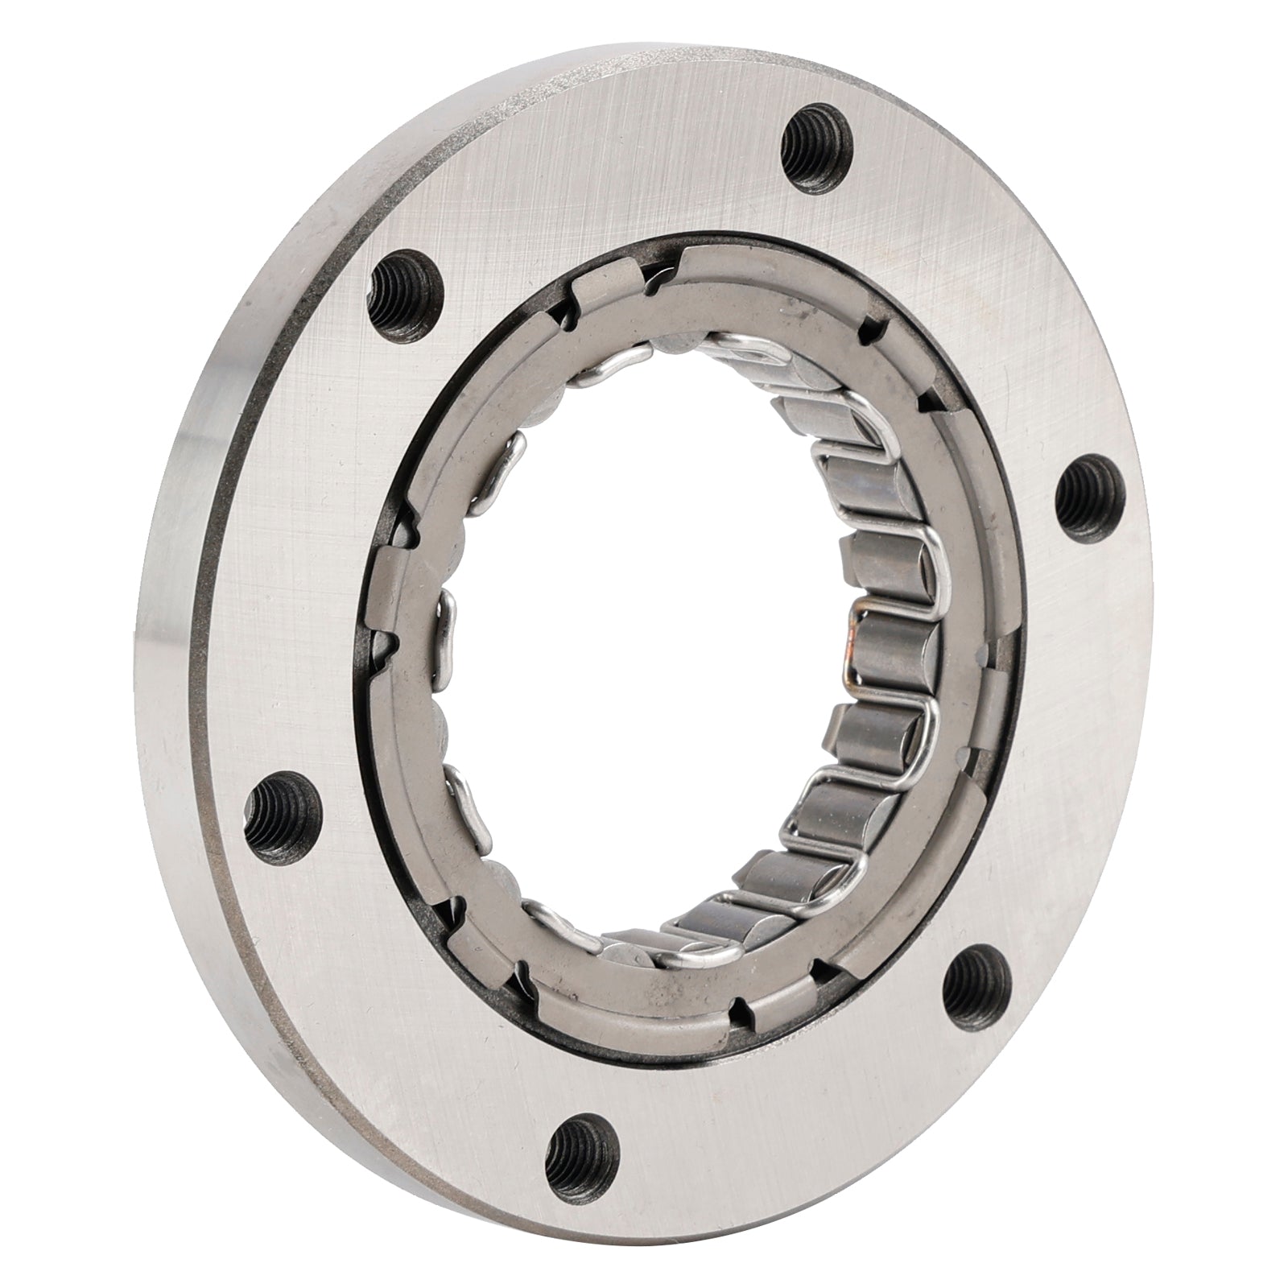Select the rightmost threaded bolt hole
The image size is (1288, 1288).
tap(1082, 500)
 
